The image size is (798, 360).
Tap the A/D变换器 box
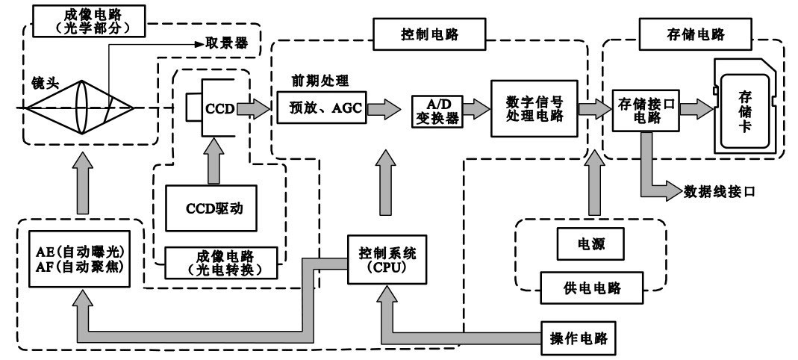click(x=437, y=109)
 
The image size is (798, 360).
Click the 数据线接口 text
click(x=720, y=191)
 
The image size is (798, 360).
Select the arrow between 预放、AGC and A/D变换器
click(x=387, y=109)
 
